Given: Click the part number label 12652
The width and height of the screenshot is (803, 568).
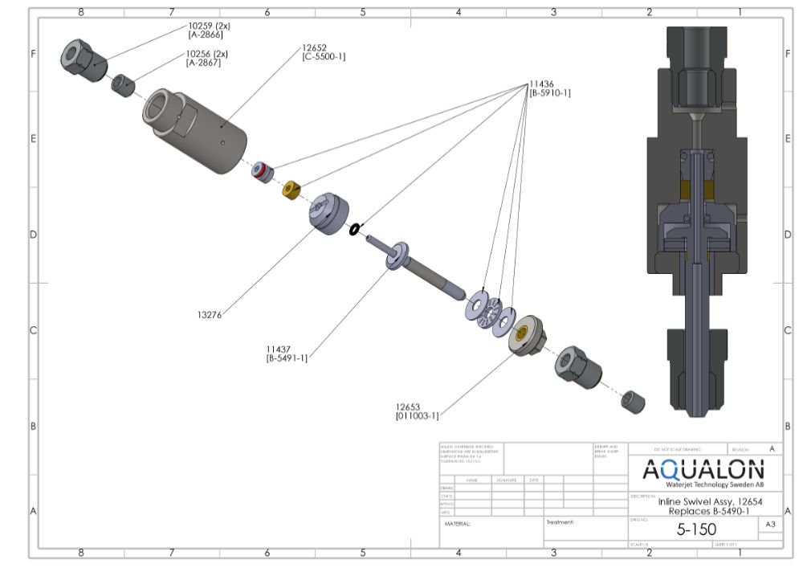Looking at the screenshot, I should (x=314, y=48).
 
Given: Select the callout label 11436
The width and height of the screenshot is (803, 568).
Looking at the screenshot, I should (x=541, y=84).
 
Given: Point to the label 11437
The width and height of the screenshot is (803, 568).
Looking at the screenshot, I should (x=279, y=349).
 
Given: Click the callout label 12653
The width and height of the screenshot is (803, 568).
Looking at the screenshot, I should (x=409, y=407).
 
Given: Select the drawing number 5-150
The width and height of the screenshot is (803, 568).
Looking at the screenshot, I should (x=695, y=529).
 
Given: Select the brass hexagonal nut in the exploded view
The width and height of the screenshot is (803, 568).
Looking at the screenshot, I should (x=291, y=190).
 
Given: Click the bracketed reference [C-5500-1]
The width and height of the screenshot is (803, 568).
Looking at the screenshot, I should (x=324, y=57).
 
